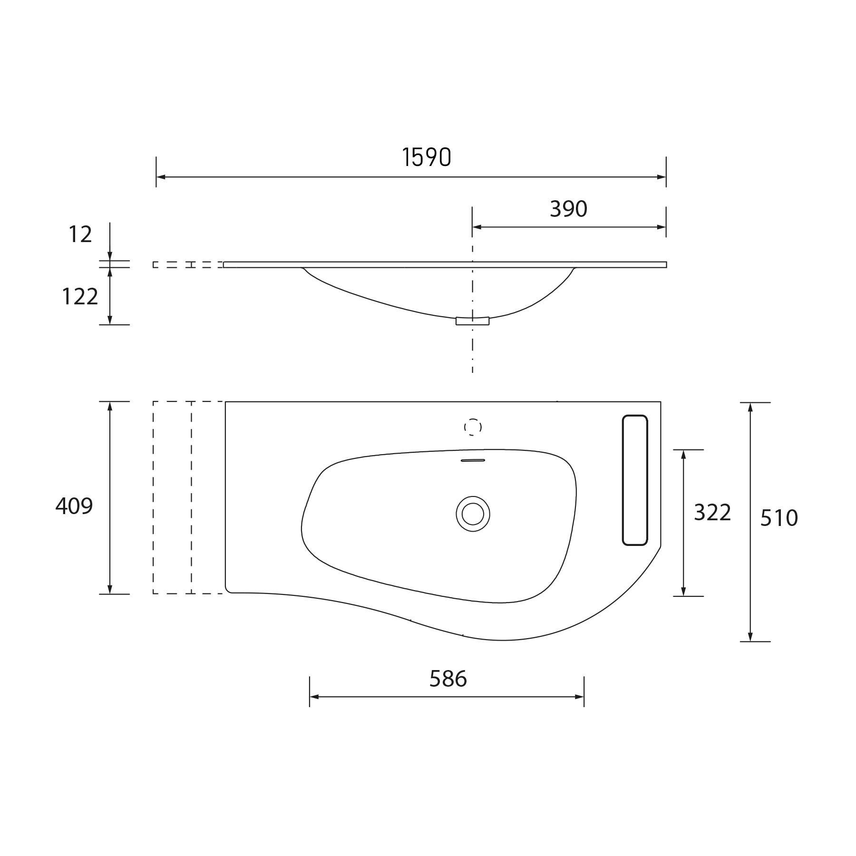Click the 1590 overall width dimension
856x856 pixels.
point(427,157)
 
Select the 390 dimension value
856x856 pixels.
point(568,209)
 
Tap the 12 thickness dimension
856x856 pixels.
point(80,234)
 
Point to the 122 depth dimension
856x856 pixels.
point(80,297)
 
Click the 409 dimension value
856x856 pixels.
point(74,506)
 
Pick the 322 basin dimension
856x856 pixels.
point(712,513)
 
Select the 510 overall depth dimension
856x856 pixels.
point(778,518)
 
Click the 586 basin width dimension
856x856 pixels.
point(448,679)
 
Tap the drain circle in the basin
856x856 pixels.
point(473,514)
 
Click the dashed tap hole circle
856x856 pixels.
point(473,427)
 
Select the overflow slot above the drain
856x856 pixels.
point(473,460)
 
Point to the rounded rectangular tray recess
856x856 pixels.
point(635,480)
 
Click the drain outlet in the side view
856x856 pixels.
point(472,321)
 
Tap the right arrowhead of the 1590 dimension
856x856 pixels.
point(661,177)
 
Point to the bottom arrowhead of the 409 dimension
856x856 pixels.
point(110,589)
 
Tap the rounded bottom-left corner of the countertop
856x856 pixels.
point(228,590)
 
